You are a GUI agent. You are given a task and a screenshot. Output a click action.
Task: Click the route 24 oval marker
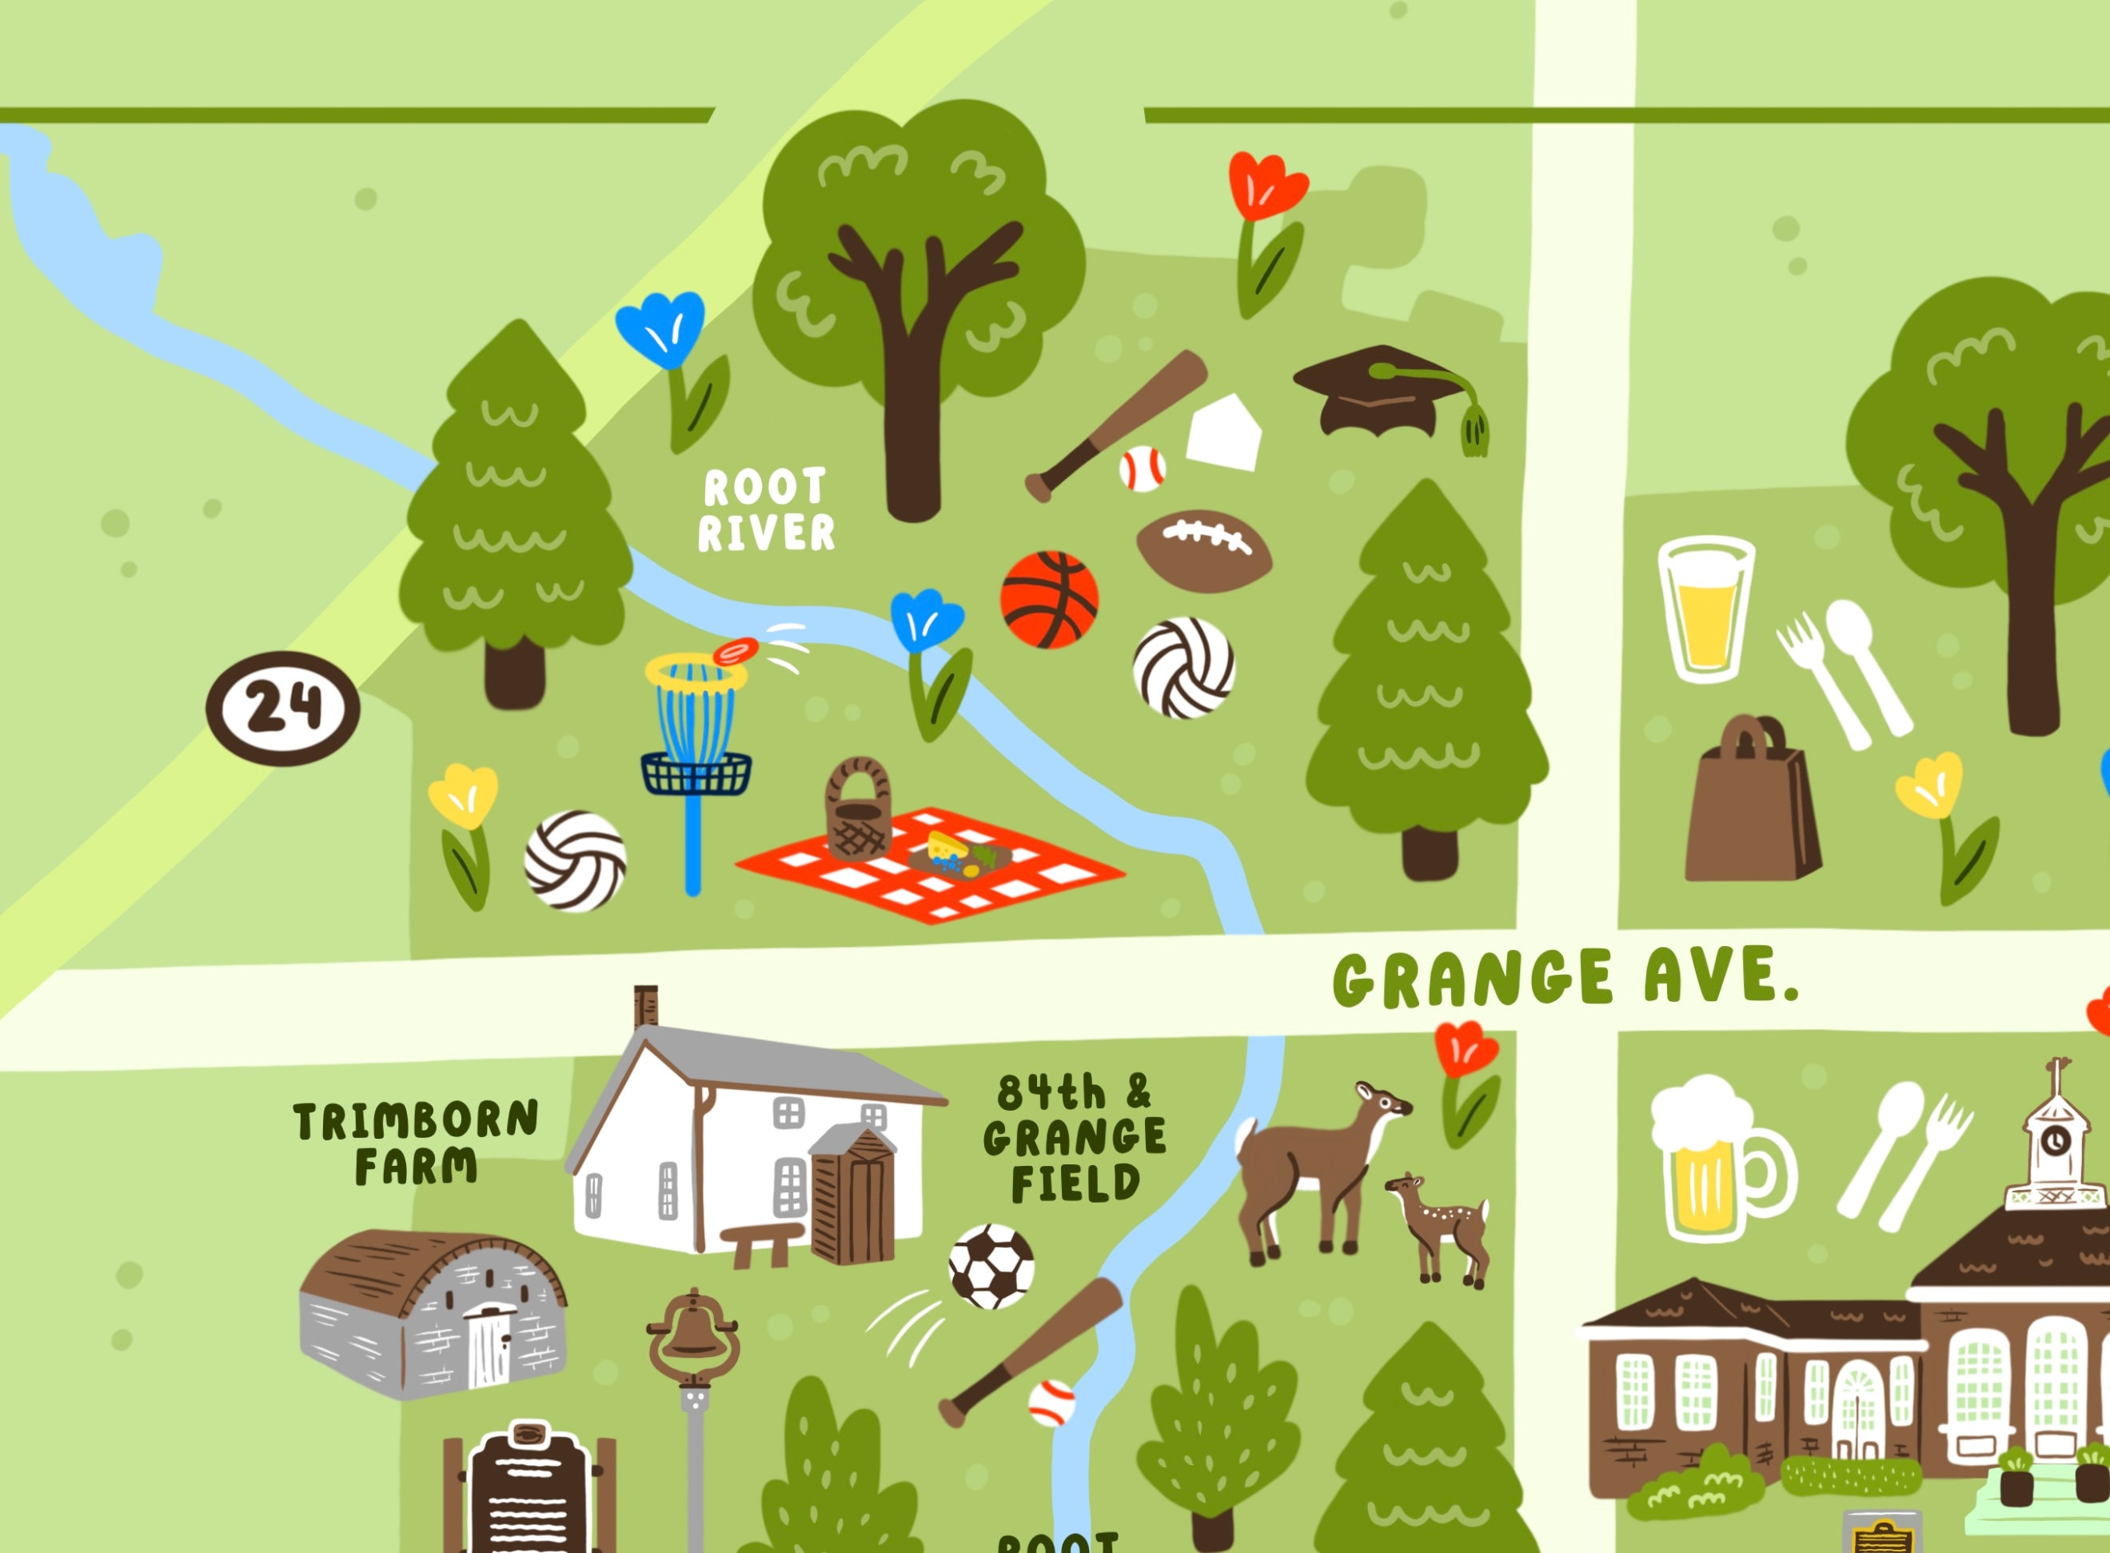click(283, 707)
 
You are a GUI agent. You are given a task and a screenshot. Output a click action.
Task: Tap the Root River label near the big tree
click(765, 510)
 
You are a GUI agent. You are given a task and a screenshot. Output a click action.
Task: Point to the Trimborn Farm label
click(416, 1143)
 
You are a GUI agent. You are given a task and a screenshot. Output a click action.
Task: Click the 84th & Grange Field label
click(1075, 1139)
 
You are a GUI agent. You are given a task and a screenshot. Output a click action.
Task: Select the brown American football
click(1203, 551)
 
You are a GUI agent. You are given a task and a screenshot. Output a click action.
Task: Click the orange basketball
click(1049, 600)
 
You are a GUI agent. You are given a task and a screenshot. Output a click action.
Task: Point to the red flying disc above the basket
click(735, 650)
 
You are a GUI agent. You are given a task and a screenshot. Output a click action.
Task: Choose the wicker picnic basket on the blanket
click(857, 810)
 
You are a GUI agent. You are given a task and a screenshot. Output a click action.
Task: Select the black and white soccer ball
click(991, 1266)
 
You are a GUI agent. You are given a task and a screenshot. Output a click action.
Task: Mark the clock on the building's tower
click(2056, 1140)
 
